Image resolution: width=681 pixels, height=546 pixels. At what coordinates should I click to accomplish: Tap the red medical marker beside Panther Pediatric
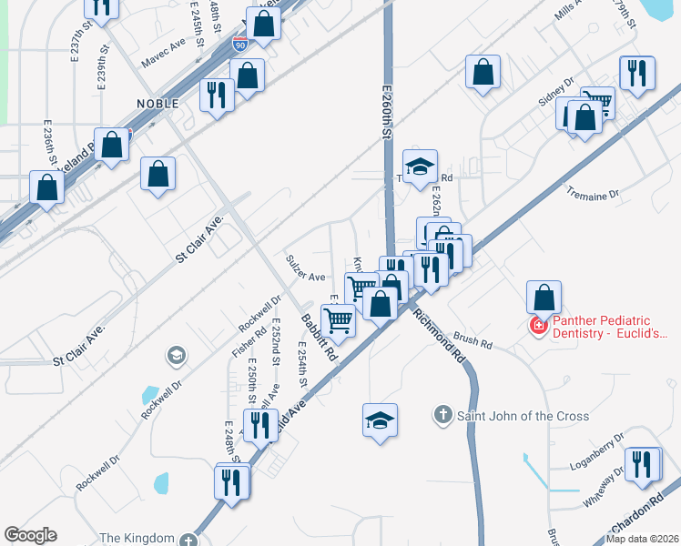click(539, 326)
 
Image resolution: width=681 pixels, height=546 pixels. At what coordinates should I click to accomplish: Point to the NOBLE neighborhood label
click(157, 104)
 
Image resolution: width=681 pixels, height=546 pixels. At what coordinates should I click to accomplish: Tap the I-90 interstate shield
click(239, 45)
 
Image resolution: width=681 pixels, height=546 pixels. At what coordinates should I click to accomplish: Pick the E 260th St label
click(386, 108)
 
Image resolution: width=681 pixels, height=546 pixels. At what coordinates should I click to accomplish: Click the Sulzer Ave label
click(305, 276)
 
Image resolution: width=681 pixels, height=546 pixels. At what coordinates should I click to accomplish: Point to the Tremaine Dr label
click(592, 194)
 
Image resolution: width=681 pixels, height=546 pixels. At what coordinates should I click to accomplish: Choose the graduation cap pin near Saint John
click(380, 420)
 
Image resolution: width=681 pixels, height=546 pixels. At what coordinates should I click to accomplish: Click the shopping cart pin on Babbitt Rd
click(339, 319)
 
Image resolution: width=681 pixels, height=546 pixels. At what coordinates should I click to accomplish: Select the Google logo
click(30, 535)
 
